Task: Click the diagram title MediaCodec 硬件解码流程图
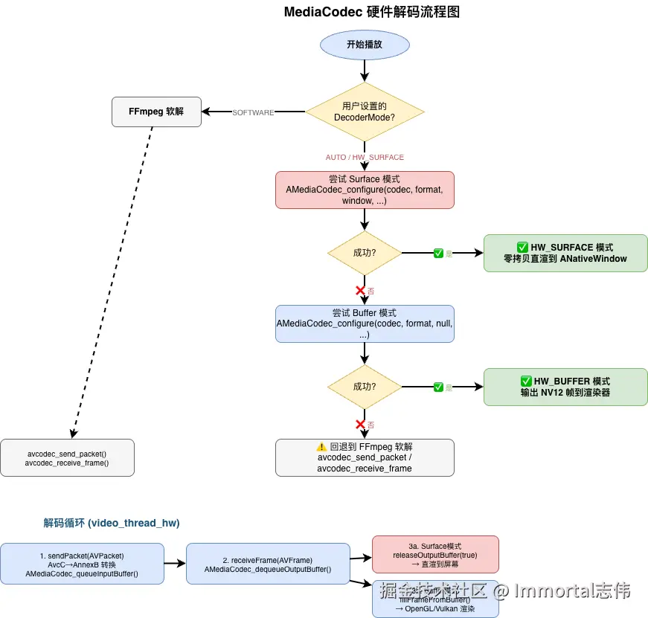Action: pyautogui.click(x=376, y=13)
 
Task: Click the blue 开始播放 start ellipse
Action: pyautogui.click(x=365, y=45)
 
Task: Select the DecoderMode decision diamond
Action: pyautogui.click(x=365, y=112)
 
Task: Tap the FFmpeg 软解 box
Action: pyautogui.click(x=156, y=112)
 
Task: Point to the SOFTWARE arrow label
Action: pyautogui.click(x=253, y=112)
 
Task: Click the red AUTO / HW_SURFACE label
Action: pyautogui.click(x=365, y=157)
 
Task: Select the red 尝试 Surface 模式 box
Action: pyautogui.click(x=365, y=190)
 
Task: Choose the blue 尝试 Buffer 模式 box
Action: pyautogui.click(x=365, y=324)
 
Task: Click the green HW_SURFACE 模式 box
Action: pyautogui.click(x=565, y=253)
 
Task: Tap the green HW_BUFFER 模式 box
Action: pyautogui.click(x=565, y=387)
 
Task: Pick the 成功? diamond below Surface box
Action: pyautogui.click(x=365, y=253)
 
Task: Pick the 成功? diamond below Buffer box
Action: pyautogui.click(x=365, y=387)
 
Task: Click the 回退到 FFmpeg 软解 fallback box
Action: pyautogui.click(x=365, y=457)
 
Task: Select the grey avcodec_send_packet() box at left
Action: pyautogui.click(x=67, y=457)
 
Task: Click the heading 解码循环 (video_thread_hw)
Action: pyautogui.click(x=112, y=523)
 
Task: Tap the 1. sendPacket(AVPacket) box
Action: pyautogui.click(x=82, y=564)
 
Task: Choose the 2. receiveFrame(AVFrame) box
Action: pyautogui.click(x=268, y=564)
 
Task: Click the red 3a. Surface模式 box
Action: pyautogui.click(x=435, y=554)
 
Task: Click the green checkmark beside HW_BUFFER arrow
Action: pyautogui.click(x=439, y=387)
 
